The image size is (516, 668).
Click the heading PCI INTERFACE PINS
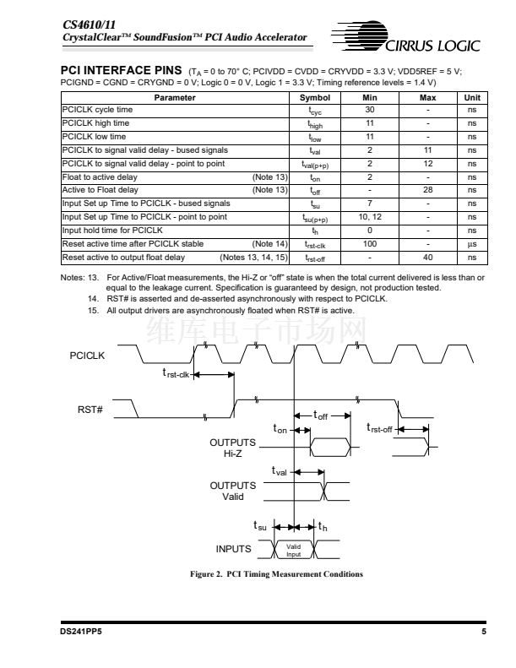tap(122, 70)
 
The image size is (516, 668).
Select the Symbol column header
tap(314, 98)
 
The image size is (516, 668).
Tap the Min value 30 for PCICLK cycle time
tap(370, 111)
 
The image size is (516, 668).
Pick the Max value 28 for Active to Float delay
tap(427, 191)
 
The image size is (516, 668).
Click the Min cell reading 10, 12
tap(370, 217)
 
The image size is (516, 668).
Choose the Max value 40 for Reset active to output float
tap(427, 257)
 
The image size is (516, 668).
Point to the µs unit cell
tap(471, 243)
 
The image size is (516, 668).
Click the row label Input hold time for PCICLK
tap(112, 230)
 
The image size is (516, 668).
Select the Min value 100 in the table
tap(370, 243)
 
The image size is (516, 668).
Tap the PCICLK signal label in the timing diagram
tap(87, 356)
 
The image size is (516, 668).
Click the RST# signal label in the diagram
tap(90, 410)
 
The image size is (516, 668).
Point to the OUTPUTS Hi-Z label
tap(232, 448)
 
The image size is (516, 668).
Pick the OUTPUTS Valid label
tap(232, 491)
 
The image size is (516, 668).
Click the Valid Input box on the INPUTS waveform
tap(293, 550)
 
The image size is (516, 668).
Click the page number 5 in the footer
tap(483, 632)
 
